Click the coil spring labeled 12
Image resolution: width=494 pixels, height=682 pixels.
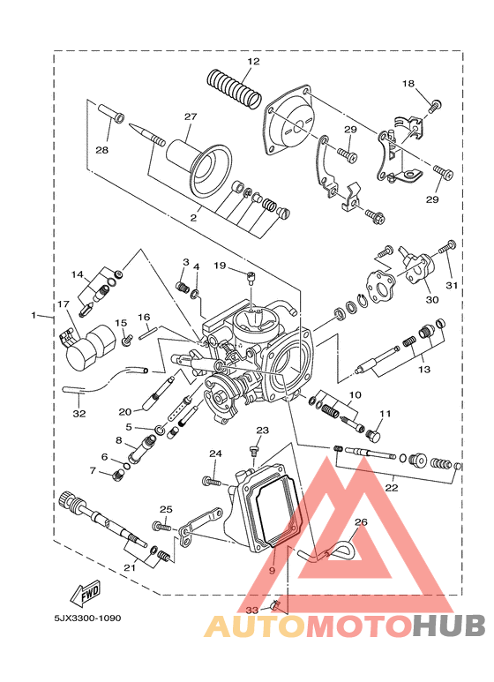(234, 89)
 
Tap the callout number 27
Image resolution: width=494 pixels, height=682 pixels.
(191, 116)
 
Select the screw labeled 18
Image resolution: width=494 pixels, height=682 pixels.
(434, 106)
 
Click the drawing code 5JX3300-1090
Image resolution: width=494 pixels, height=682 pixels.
(87, 618)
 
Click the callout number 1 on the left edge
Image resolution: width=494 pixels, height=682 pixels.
(34, 315)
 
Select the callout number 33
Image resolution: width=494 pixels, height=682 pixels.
(251, 611)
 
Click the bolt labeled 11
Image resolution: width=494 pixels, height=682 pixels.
(373, 434)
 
